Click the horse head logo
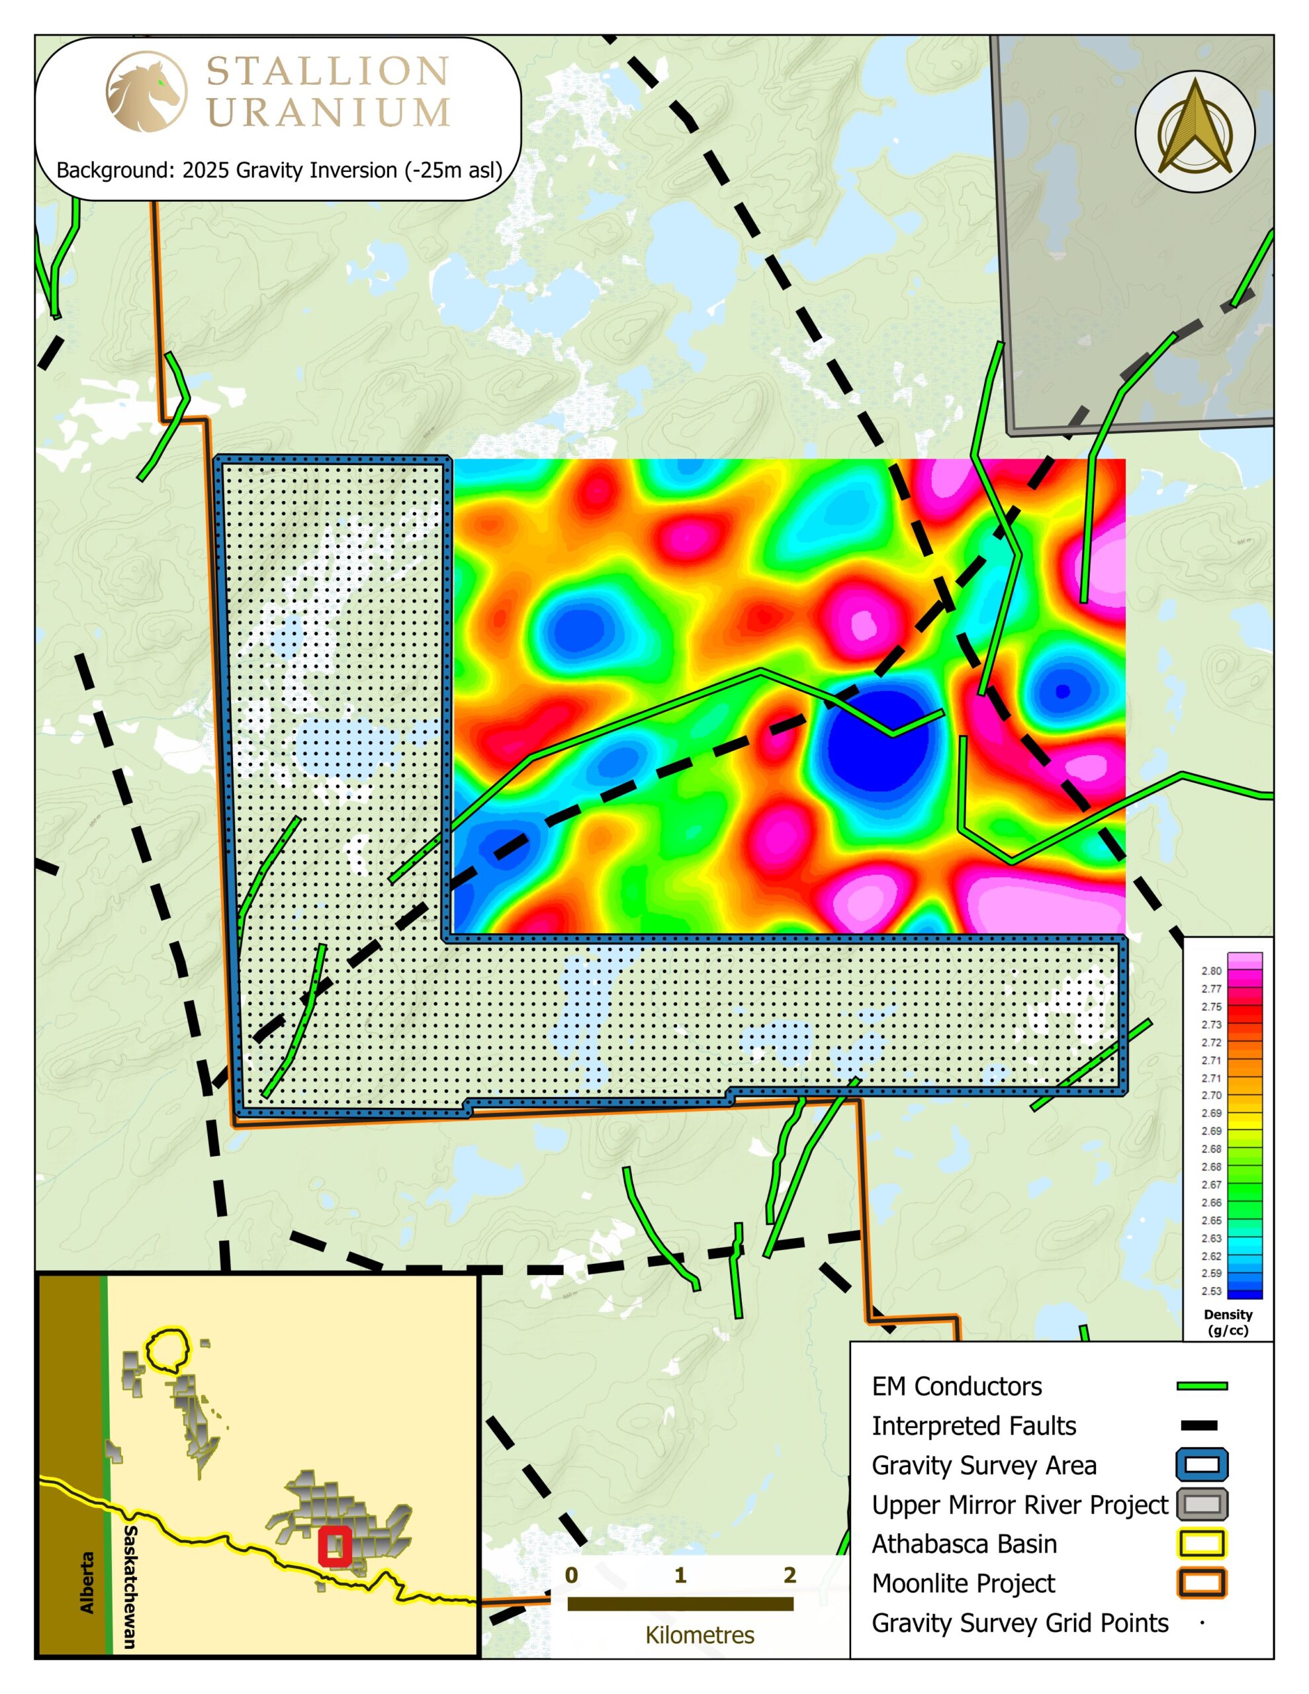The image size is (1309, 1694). tap(145, 91)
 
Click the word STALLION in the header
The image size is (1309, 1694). tap(328, 72)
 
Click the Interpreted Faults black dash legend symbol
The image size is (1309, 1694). tap(1199, 1425)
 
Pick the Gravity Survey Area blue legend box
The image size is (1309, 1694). tap(1202, 1465)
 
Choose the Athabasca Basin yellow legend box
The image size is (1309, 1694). tap(1202, 1544)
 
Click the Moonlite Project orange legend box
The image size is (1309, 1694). tap(1202, 1583)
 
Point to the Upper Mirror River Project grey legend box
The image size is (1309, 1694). tap(1202, 1505)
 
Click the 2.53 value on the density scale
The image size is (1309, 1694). tap(1211, 1292)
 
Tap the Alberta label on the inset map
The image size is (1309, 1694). tap(87, 1582)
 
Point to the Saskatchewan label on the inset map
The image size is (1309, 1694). tap(130, 1586)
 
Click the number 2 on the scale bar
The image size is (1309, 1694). tap(789, 1574)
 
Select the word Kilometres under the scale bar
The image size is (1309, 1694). tap(699, 1635)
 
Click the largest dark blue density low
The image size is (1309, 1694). tap(877, 743)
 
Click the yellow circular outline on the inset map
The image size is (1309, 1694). tap(167, 1351)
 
